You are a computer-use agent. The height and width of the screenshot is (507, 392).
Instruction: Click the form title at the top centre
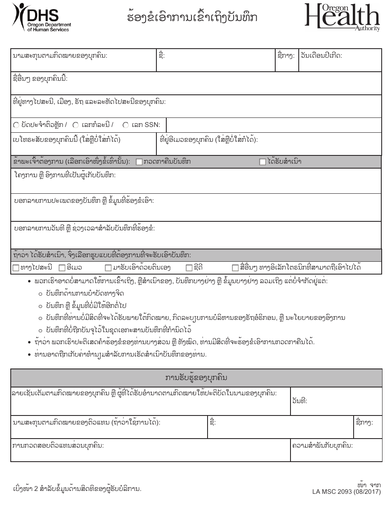click(192, 18)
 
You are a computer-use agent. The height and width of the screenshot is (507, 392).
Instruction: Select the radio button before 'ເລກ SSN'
click(125, 125)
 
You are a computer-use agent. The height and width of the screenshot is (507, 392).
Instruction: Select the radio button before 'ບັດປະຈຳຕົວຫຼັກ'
click(16, 125)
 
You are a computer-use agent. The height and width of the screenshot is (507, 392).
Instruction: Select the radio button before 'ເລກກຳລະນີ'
click(76, 125)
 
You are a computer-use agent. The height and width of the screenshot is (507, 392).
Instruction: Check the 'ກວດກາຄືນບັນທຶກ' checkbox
click(139, 162)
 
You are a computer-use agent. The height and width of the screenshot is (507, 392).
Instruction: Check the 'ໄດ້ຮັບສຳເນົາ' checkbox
click(262, 162)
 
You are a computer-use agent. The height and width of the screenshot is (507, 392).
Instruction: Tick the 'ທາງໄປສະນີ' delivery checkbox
click(16, 268)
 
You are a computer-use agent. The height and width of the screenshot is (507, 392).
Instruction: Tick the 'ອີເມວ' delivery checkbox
click(62, 268)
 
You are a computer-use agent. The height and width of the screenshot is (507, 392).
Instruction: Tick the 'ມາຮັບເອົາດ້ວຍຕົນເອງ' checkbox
click(109, 268)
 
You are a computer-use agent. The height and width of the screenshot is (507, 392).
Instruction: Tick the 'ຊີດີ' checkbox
click(189, 268)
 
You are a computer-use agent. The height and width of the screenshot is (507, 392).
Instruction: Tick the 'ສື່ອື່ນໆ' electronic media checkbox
click(236, 268)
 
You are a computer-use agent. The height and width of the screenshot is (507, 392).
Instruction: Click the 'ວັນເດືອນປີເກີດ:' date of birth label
click(321, 56)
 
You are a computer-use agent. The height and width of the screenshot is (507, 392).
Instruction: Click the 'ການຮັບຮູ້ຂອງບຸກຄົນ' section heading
click(196, 378)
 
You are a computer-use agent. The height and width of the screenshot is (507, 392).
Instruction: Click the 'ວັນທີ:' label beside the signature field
click(300, 401)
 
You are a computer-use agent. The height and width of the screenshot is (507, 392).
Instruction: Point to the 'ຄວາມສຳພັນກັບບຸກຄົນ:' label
click(322, 446)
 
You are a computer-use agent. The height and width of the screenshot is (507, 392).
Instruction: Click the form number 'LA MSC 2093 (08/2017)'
click(347, 492)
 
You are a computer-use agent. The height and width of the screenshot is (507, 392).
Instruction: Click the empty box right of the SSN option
click(274, 125)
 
